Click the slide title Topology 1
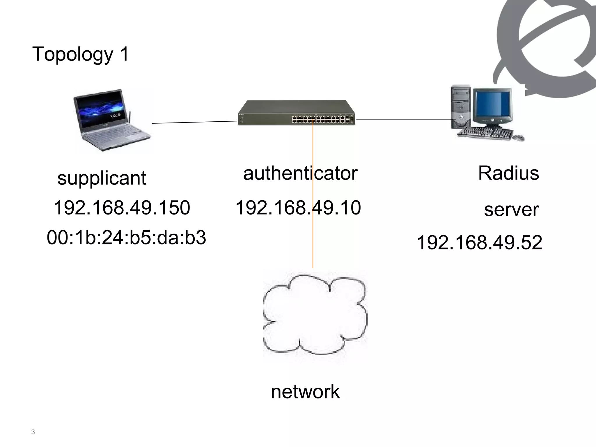click(80, 54)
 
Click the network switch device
click(296, 113)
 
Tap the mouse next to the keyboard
click(518, 137)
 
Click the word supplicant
click(102, 178)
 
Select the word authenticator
click(300, 173)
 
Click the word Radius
click(508, 173)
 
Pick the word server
click(511, 210)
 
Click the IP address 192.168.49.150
click(122, 208)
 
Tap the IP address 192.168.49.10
click(298, 208)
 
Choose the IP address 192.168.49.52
click(479, 242)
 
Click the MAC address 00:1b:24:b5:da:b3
click(126, 237)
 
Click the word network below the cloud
click(305, 392)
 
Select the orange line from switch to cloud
click(313, 233)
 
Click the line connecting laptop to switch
click(194, 122)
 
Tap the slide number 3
click(33, 432)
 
